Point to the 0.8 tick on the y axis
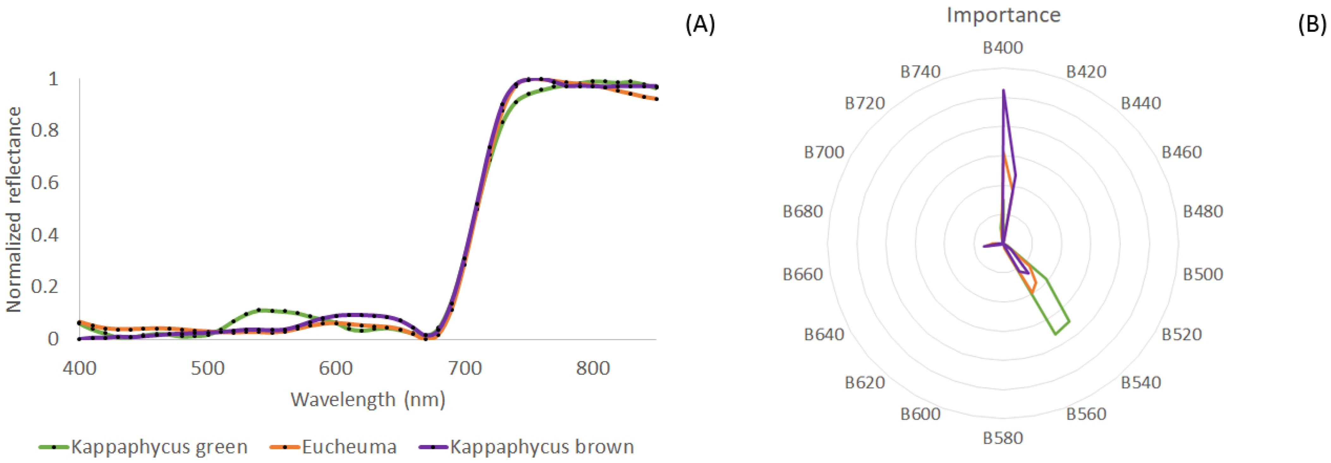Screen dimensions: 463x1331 pos(45,130)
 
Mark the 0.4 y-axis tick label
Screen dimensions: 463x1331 pos(45,235)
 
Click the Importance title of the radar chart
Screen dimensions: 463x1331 pos(1003,15)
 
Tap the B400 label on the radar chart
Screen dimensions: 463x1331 pos(1003,47)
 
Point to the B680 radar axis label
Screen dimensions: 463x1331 pos(803,211)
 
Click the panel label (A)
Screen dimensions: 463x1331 pos(700,24)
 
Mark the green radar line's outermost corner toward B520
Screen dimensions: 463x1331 pos(1069,322)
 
